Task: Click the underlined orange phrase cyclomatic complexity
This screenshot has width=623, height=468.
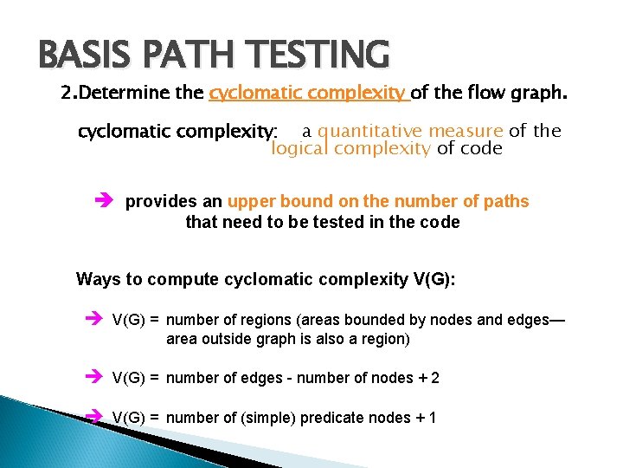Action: (x=308, y=93)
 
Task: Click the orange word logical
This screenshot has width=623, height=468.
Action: (x=299, y=148)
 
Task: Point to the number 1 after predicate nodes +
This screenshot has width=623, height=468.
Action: (x=432, y=418)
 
